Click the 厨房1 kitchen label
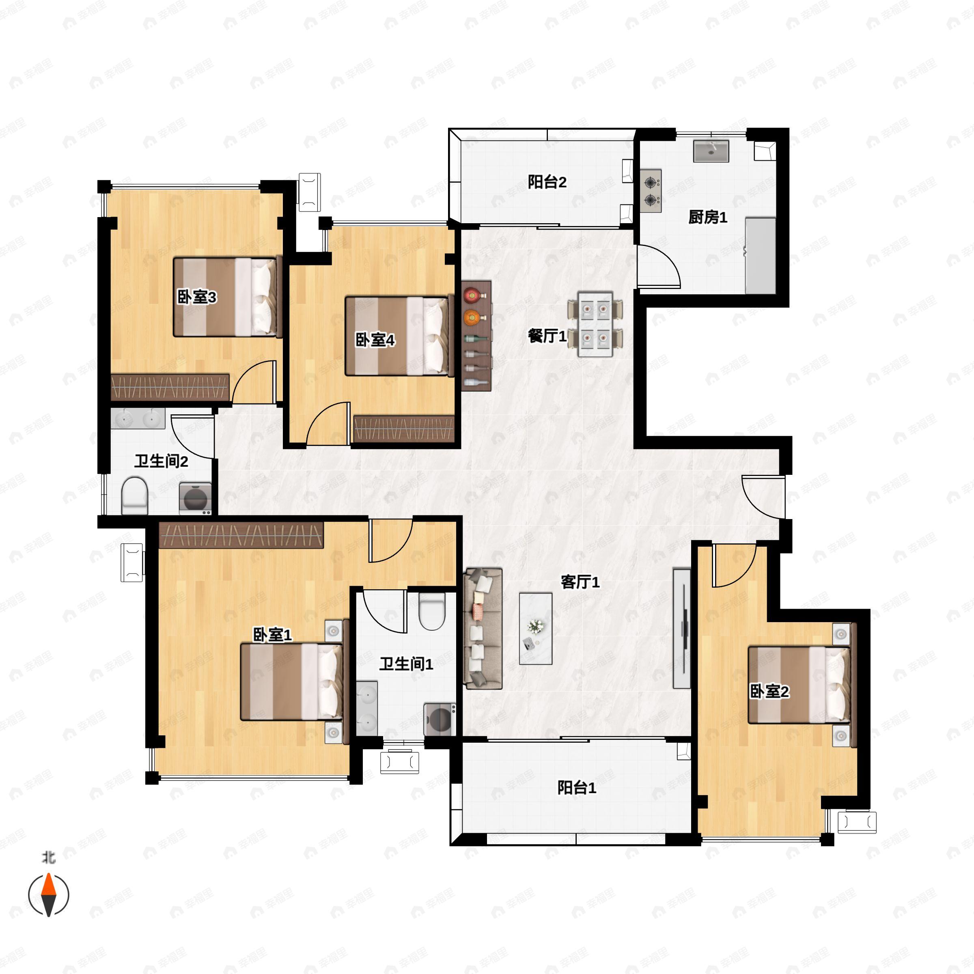[x=708, y=217]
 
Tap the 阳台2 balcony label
[x=547, y=182]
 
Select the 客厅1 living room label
[x=580, y=582]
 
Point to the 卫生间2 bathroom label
[x=162, y=461]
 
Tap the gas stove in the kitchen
[x=651, y=191]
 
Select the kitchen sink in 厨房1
[x=711, y=151]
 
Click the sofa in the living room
[x=483, y=629]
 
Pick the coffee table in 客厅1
[x=536, y=628]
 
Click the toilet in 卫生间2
[x=135, y=496]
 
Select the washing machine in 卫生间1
[x=440, y=720]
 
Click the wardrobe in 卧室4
[x=404, y=429]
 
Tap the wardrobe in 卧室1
[x=241, y=535]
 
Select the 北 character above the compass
[x=49, y=857]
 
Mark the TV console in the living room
[x=682, y=628]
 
